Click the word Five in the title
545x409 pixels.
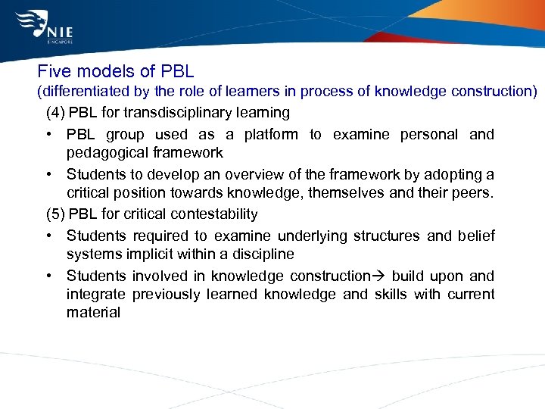coord(54,72)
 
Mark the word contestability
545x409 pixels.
coord(216,214)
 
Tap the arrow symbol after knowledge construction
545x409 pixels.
coord(380,276)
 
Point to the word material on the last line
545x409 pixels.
coord(93,312)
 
